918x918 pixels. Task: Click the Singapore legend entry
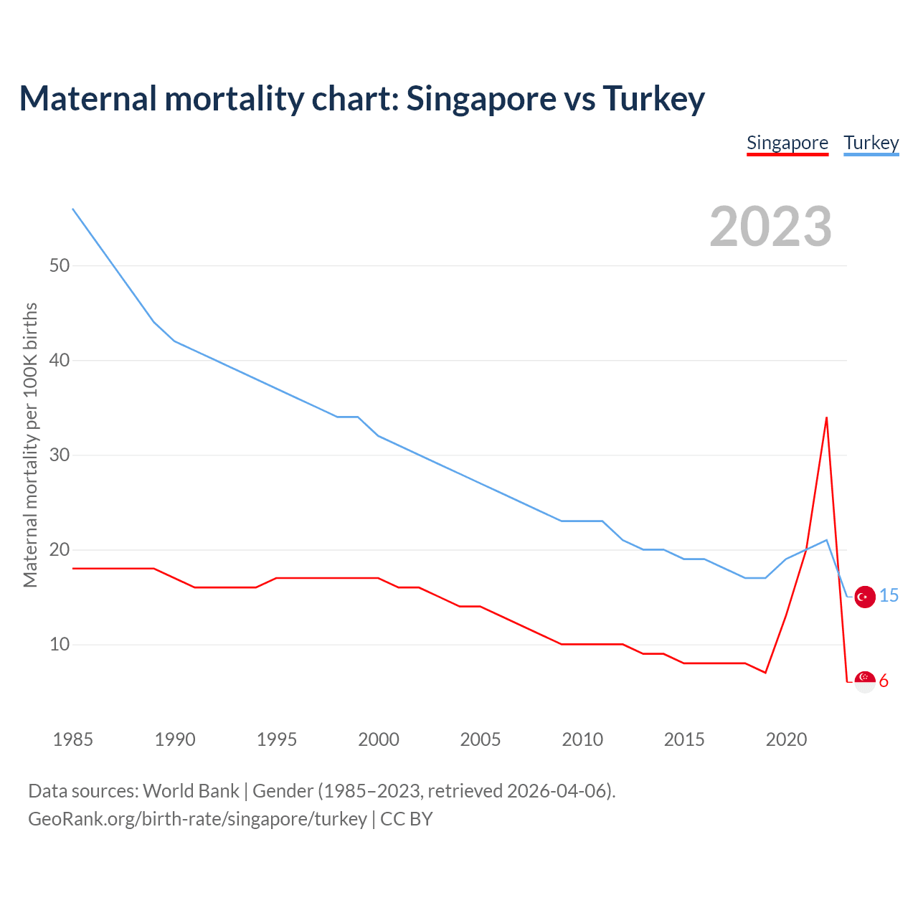787,143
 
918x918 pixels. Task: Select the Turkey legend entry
871,143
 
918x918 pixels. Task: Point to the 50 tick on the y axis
60,265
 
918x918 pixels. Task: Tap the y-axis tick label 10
60,644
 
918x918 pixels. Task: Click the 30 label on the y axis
60,455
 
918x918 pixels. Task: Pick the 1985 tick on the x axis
73,739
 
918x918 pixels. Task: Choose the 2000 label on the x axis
379,739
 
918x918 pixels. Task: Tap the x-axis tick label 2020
786,739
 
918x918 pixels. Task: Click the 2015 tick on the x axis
684,739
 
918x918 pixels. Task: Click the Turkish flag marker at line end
865,597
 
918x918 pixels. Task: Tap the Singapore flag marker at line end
865,681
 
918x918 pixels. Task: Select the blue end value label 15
889,596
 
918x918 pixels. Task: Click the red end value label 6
884,681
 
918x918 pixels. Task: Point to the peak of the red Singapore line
826,417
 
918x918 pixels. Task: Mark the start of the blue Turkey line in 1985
73,209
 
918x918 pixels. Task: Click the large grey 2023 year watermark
770,227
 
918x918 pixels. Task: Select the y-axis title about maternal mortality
31,445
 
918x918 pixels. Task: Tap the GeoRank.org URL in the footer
197,818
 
